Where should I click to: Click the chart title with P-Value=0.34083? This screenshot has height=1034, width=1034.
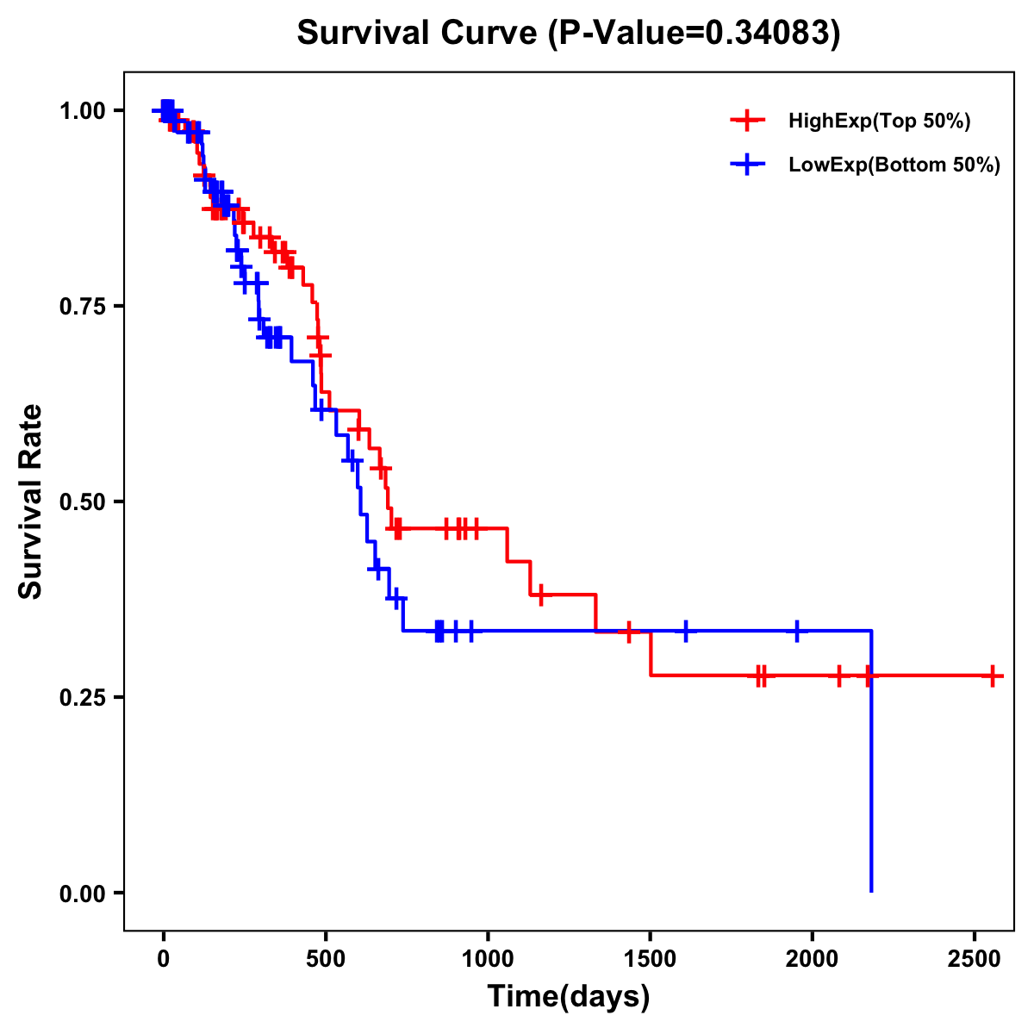pos(568,34)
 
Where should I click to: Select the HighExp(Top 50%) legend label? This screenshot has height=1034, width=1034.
pos(879,121)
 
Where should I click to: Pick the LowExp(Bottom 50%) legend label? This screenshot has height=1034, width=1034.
pos(894,165)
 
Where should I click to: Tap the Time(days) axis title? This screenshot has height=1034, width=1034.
pos(568,997)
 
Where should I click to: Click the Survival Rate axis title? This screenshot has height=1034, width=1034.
pos(32,501)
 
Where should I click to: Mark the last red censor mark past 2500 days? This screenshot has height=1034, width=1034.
pos(993,676)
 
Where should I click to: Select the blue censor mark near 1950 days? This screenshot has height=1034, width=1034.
pos(797,631)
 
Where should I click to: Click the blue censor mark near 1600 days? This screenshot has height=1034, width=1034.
pos(686,631)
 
